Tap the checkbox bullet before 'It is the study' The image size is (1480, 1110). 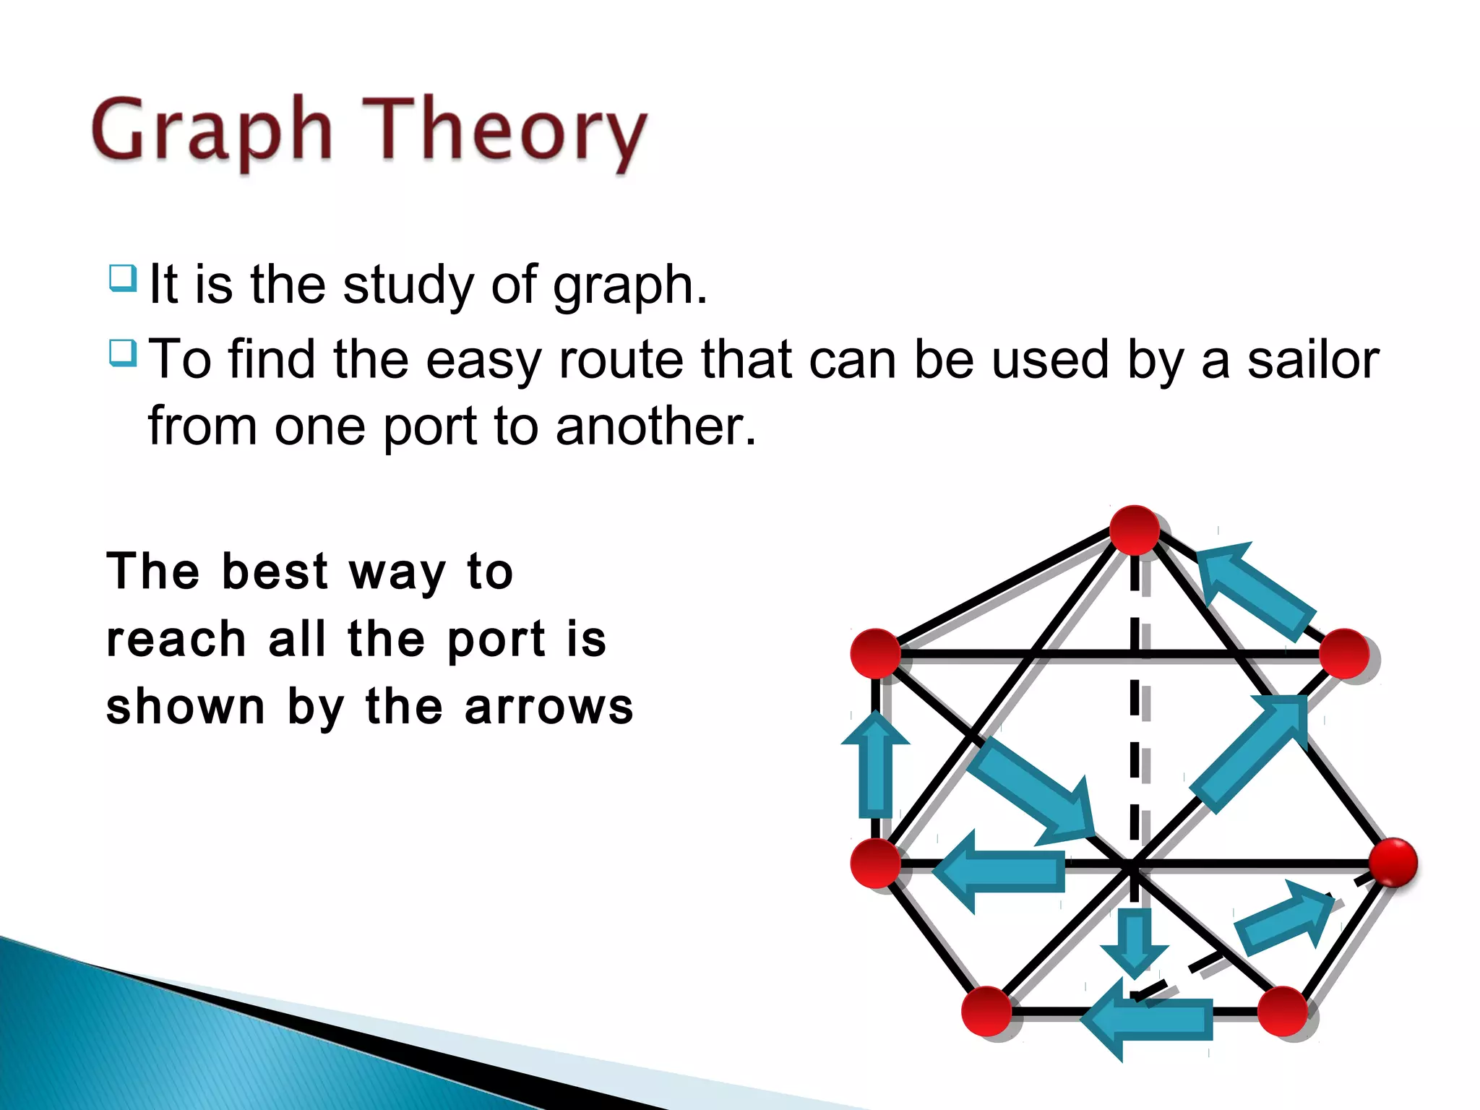(123, 279)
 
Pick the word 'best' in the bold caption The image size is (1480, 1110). (275, 572)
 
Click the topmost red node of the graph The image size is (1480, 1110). (1134, 530)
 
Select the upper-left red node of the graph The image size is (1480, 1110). (875, 653)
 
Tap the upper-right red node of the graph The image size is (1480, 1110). (1344, 654)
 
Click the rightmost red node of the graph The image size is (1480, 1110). (1393, 862)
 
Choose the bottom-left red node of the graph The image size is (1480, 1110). (986, 1011)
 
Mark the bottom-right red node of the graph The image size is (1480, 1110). (1283, 1011)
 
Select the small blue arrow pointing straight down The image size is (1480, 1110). (1134, 943)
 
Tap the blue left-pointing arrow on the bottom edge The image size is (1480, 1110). (1149, 1019)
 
